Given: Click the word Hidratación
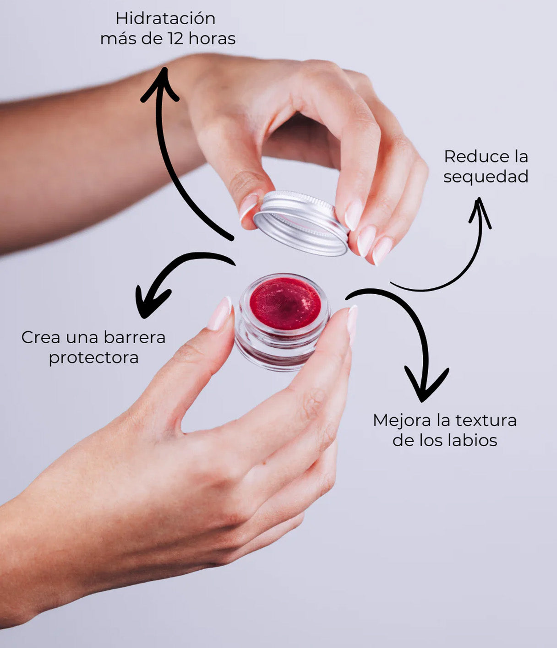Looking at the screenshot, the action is (x=165, y=19).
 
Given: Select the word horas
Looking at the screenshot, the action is (x=212, y=39).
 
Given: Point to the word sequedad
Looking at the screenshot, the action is (x=486, y=177).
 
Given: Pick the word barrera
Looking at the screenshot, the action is (x=134, y=338).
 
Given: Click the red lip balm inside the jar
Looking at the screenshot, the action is (x=285, y=303).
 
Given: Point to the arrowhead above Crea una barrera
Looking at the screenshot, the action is (x=150, y=302).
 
